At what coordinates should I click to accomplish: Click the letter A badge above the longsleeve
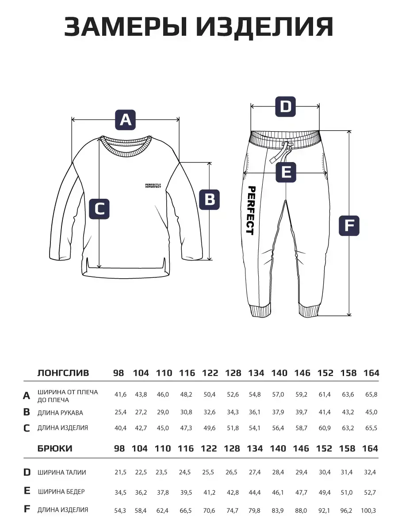tap(126, 119)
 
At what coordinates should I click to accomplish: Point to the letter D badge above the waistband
tap(286, 106)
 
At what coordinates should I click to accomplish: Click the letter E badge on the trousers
tap(286, 172)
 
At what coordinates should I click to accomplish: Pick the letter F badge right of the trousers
tap(349, 226)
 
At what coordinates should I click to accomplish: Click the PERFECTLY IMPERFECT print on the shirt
tap(153, 185)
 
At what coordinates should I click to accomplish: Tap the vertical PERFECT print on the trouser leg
tap(250, 210)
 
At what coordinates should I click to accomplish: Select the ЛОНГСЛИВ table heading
tap(63, 373)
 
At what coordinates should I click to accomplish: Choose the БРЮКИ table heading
tap(55, 448)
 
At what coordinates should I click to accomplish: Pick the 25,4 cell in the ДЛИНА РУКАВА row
tap(120, 412)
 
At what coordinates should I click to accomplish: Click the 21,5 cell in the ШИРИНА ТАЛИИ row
tap(120, 472)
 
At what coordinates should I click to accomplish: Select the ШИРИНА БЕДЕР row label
tap(61, 491)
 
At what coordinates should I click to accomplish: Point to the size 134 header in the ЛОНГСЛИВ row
tap(256, 373)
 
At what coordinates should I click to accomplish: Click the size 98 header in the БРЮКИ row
tap(119, 448)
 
